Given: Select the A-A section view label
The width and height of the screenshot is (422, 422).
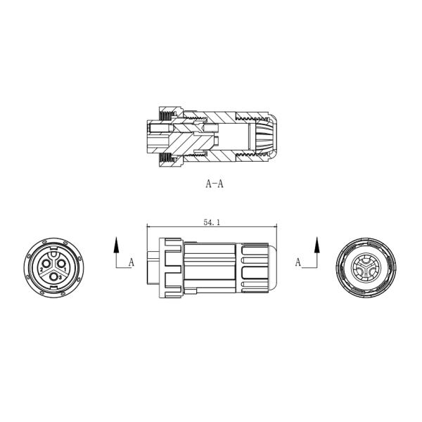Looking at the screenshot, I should point(215,184).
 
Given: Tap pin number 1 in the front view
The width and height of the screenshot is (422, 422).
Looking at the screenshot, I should point(65,268).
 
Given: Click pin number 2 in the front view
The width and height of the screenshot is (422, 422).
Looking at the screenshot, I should point(44,268).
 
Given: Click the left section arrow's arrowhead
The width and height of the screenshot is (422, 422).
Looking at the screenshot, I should point(117,244).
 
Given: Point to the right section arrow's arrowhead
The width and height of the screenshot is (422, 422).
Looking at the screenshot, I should point(316,244).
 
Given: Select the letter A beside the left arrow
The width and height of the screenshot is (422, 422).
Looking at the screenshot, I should point(131,263).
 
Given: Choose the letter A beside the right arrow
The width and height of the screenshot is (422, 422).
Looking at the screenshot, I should point(298,263).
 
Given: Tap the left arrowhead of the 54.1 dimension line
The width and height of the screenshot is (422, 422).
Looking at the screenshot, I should point(148,226).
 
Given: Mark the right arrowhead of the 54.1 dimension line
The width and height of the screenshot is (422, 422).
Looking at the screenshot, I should point(276,226).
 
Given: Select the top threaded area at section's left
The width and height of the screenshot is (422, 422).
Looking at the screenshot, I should point(167,115).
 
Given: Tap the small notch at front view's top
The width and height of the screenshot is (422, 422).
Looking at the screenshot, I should point(54,244).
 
